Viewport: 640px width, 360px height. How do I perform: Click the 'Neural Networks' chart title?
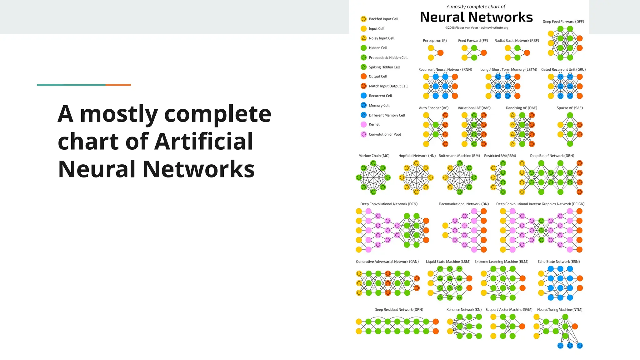tap(476, 17)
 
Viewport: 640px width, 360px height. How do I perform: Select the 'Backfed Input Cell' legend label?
tap(383, 19)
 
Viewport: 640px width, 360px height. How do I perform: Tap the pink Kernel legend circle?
tap(364, 124)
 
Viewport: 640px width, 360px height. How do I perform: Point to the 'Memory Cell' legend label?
tap(379, 106)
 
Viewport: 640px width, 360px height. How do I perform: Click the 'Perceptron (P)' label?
tap(435, 41)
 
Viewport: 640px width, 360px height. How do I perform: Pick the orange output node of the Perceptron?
tap(441, 53)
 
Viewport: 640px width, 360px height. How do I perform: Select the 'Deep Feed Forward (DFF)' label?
tap(563, 22)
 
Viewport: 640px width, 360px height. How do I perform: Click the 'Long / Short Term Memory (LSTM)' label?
tap(508, 70)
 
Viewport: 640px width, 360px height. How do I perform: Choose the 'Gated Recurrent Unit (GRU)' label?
tap(563, 70)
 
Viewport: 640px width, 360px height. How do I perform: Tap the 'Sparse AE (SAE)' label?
tap(569, 108)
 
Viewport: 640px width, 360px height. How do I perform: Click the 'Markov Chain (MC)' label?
tap(374, 156)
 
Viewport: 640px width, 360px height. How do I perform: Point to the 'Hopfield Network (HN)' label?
tap(417, 156)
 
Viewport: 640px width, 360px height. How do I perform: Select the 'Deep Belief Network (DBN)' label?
tap(552, 156)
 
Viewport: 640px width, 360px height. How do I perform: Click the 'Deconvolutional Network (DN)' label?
tap(463, 204)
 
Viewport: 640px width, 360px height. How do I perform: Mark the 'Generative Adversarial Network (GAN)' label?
tap(387, 262)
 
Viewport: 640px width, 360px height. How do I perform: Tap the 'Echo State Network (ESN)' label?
tap(558, 262)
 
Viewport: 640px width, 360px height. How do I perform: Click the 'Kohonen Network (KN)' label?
tap(464, 310)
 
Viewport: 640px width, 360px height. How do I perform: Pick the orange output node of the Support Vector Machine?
tap(522, 327)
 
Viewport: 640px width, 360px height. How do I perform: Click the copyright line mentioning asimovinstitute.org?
tap(477, 28)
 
